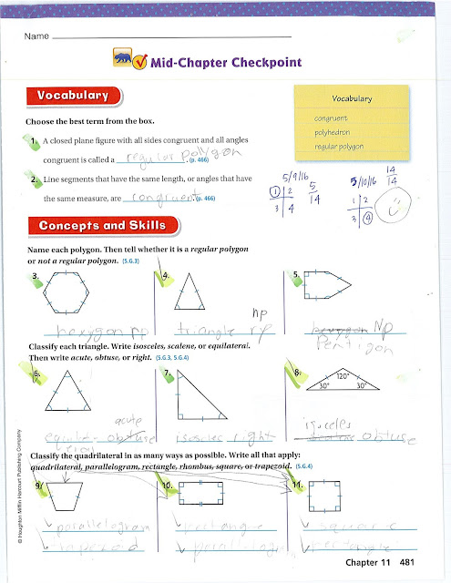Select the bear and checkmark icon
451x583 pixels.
[128, 60]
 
